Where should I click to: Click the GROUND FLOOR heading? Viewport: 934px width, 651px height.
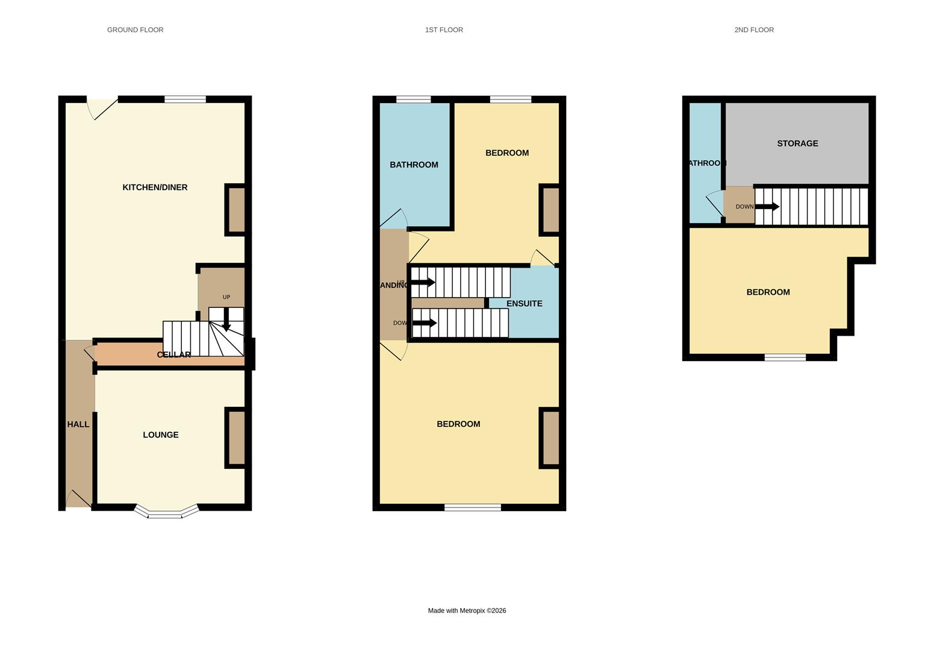(x=135, y=30)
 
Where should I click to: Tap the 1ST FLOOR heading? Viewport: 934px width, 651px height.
(x=444, y=30)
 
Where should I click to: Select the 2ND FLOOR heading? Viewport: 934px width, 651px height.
(x=754, y=30)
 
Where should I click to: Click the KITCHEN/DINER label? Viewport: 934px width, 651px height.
(x=155, y=187)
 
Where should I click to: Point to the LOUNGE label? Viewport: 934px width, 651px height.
(x=160, y=435)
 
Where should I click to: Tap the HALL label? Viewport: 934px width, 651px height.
(x=78, y=424)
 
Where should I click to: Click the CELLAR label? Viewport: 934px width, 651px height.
(x=173, y=354)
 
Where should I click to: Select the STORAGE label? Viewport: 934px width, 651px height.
(x=797, y=143)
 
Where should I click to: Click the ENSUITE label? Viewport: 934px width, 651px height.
(x=524, y=304)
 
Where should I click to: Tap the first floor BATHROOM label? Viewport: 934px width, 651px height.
(x=414, y=165)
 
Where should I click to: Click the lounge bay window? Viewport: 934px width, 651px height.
(x=166, y=513)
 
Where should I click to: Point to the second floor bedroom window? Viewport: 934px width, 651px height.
(x=785, y=357)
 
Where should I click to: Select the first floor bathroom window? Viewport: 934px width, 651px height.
(x=413, y=99)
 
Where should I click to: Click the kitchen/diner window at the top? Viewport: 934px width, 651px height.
(x=185, y=99)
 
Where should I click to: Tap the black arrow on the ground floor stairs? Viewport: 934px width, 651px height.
(x=226, y=319)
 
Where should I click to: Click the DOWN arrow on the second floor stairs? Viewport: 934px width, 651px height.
(x=767, y=207)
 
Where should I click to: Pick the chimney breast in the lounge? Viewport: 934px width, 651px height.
(x=237, y=438)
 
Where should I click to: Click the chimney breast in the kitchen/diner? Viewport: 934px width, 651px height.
(x=237, y=210)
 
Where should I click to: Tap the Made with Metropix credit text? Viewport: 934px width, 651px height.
(x=467, y=611)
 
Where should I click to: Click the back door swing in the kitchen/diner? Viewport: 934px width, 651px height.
(x=101, y=108)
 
